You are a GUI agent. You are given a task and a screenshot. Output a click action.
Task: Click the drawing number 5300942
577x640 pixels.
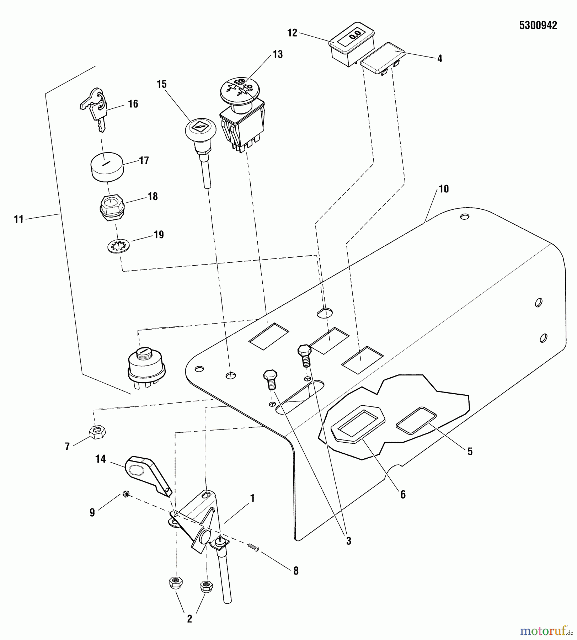tap(538, 26)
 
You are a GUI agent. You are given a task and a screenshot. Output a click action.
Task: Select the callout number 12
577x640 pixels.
tap(292, 33)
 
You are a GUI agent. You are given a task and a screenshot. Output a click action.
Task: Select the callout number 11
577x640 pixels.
tap(18, 219)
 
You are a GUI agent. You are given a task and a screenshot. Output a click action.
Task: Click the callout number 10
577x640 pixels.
tap(444, 189)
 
